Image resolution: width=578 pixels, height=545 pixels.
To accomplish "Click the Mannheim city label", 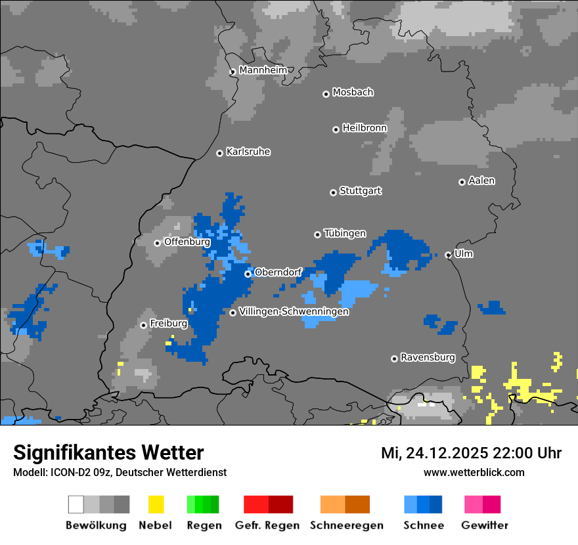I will point(263,70).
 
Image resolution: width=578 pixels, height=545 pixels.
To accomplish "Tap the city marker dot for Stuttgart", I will point(333,192).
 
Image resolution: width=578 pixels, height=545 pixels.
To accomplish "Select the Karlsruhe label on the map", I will point(248,152).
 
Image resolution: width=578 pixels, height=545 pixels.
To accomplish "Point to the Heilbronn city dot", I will point(336,129).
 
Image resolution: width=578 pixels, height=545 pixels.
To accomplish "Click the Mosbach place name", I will point(353,93).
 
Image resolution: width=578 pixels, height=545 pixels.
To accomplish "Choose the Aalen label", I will point(481,181).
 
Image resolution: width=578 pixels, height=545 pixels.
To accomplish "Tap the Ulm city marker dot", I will point(449,255).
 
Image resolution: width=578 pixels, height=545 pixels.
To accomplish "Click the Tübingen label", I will point(345,233).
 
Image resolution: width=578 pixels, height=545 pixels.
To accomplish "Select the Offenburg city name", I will point(187,242).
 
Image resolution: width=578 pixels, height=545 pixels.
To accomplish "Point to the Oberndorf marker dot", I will point(248,274).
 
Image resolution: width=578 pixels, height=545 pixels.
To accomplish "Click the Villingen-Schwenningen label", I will point(294,312).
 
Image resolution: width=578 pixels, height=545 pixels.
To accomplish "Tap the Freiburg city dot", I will point(143,325).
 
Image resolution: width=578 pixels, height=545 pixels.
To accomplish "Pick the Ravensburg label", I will point(428,358).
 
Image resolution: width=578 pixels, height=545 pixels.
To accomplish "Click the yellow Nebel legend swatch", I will point(156,504).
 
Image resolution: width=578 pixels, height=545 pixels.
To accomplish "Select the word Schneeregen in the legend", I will point(346,525).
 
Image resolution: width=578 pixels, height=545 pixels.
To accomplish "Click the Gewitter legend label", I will point(484,525).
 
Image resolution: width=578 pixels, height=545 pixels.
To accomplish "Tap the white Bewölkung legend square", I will point(76,504).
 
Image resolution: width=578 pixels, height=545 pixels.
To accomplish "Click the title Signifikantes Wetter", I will point(108,452).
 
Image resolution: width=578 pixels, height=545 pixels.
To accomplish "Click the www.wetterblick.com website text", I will point(474,473).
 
